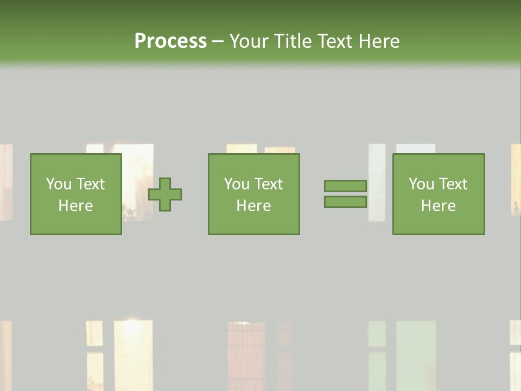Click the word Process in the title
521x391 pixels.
(170, 41)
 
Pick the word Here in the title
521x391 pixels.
(379, 41)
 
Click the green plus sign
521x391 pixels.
(165, 194)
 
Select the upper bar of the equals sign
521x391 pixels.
(345, 186)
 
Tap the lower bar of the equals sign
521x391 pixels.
(345, 201)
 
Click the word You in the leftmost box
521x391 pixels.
(59, 184)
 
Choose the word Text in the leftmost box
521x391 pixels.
(90, 184)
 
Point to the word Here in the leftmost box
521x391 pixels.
(75, 206)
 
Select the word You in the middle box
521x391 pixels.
(237, 184)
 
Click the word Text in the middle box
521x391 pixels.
(268, 184)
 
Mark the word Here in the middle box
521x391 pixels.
(253, 206)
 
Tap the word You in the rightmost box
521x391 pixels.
(422, 184)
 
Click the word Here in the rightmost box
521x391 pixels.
(438, 206)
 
